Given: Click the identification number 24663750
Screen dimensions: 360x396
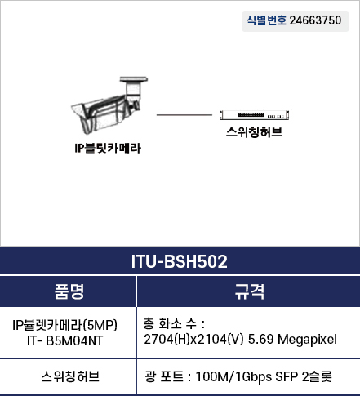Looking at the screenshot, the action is tap(315, 20).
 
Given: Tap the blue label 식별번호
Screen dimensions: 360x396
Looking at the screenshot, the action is tap(266, 20).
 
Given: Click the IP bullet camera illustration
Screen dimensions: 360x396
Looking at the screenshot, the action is tap(109, 105).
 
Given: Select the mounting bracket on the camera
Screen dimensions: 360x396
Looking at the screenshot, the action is tap(134, 87).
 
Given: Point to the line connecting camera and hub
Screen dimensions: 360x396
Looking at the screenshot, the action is tap(184, 115).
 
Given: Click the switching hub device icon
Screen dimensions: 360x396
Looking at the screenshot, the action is tap(255, 115).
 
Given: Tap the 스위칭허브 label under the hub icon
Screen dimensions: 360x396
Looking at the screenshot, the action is tap(254, 132).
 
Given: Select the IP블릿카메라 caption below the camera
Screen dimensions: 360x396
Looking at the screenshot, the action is tap(108, 148).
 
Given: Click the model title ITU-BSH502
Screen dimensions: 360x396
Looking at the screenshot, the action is tap(180, 261).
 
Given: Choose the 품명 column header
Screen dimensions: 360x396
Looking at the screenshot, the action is tap(69, 291).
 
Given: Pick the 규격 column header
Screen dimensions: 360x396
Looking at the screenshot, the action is tap(250, 291).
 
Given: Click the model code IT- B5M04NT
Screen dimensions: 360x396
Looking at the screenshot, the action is tap(65, 340).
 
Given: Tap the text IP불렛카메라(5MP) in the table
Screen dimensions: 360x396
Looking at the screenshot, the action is tap(65, 325).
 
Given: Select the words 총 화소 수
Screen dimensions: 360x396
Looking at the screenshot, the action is tap(170, 323).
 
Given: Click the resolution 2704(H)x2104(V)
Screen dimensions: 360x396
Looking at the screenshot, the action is tap(193, 340).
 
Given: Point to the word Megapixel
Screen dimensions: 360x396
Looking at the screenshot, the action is tap(307, 340).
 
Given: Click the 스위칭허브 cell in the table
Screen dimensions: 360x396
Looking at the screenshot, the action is tap(70, 376).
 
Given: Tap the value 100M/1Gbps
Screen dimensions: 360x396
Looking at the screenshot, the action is tap(233, 377).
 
